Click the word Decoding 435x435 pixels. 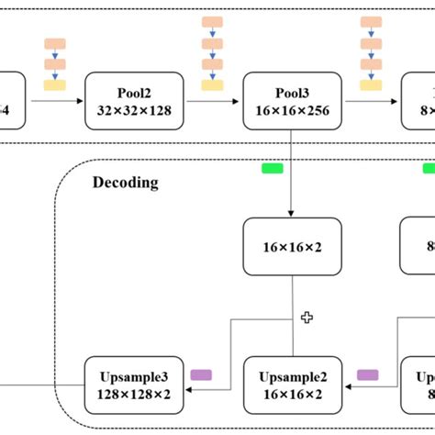[125, 183]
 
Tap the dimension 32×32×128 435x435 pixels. [134, 111]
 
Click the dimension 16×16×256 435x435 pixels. [292, 111]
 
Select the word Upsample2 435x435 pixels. [292, 377]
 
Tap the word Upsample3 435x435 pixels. [134, 377]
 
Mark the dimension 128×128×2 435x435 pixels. [134, 394]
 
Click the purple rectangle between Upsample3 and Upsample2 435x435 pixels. [201, 374]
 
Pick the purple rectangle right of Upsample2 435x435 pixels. [367, 374]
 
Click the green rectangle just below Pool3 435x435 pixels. [273, 168]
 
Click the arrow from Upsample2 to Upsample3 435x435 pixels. [213, 386]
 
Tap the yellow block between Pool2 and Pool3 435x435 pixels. [213, 85]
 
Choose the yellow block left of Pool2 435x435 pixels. [55, 85]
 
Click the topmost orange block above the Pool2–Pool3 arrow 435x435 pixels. [213, 20]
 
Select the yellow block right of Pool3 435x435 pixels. [372, 85]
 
